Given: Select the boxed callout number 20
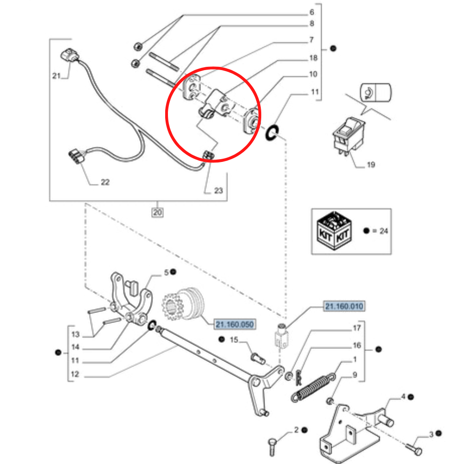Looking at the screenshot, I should point(158,213).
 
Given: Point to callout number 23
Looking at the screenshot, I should point(218,190).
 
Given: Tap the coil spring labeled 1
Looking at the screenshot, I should point(311,386).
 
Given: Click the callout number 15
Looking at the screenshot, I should point(234,340).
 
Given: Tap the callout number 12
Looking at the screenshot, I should point(75,374).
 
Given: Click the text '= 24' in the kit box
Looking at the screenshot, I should point(380,231).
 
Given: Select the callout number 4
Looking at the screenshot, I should point(403,397).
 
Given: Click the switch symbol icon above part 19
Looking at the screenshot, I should point(375,92).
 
